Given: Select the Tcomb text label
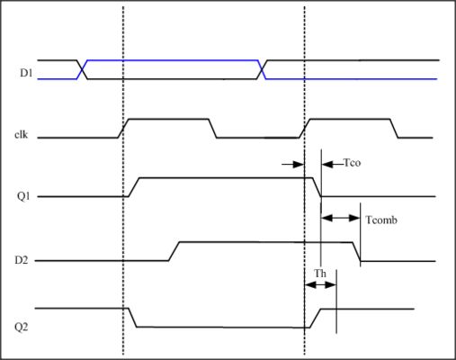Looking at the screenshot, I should tap(379, 220).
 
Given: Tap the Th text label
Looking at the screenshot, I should tap(319, 273).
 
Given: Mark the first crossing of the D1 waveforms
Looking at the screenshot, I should tap(83, 69).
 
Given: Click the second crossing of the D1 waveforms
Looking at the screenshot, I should tap(263, 69).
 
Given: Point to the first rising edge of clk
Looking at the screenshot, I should tap(125, 129).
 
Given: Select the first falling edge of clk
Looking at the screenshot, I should tap(214, 129).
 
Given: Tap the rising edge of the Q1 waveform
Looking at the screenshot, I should tap(135, 186).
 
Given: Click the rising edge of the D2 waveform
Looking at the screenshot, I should tap(174, 251).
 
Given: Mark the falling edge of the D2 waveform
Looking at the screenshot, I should tap(358, 252).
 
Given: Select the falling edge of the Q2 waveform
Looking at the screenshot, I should tap(130, 318).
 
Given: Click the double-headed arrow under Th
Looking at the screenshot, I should tap(319, 285).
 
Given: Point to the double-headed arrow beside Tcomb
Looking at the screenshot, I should tap(341, 218).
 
